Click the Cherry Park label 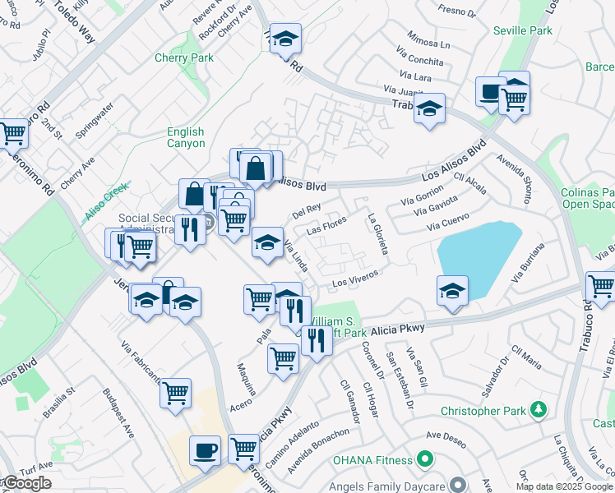click(184, 58)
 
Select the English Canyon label click(185, 137)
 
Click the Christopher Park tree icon click(539, 408)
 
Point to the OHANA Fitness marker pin click(425, 458)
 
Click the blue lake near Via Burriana click(478, 250)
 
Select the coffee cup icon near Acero click(205, 449)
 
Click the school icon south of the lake click(451, 291)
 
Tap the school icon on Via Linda click(266, 242)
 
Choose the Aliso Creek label click(107, 201)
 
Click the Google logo click(26, 483)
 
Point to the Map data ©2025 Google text click(565, 486)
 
